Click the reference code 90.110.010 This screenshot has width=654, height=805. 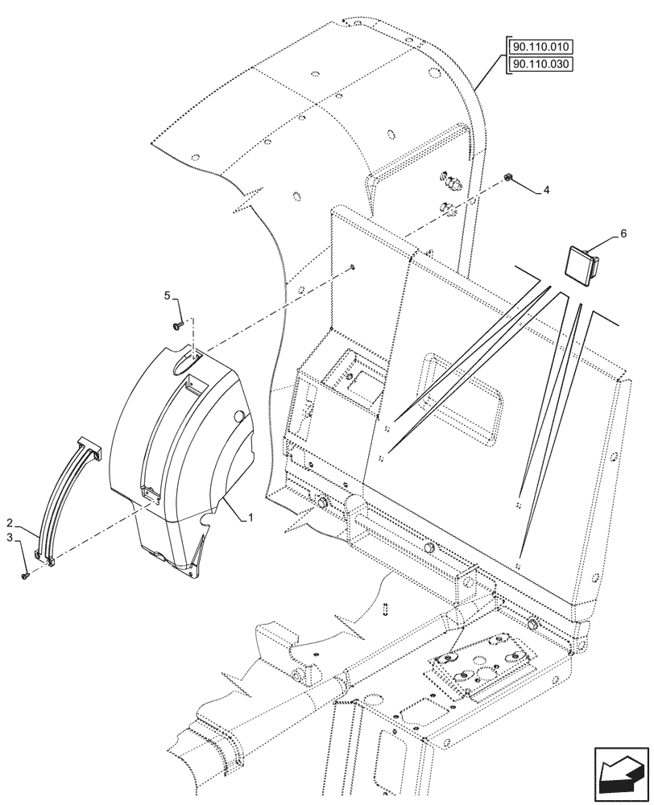(x=542, y=47)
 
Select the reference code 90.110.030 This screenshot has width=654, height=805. (x=542, y=64)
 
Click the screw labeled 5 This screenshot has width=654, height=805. (x=176, y=324)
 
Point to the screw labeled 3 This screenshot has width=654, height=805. (x=25, y=575)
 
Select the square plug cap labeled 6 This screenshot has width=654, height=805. (x=580, y=263)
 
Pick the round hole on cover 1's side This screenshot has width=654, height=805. (x=238, y=416)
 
